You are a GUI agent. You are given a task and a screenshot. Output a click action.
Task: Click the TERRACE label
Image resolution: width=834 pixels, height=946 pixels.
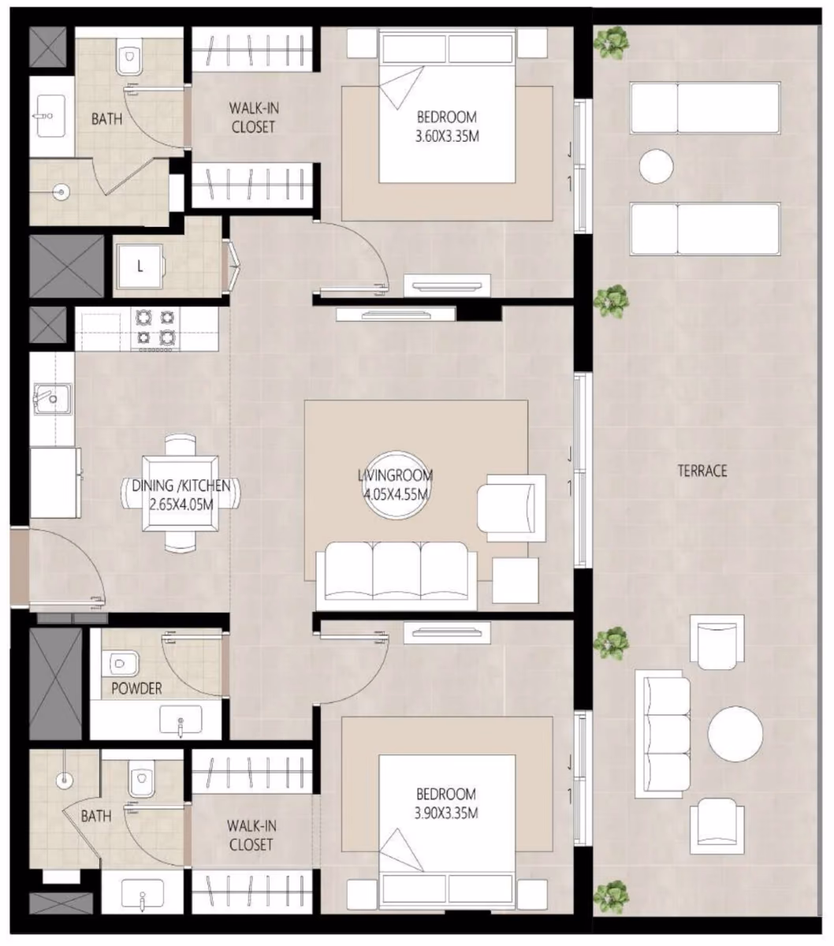(702, 470)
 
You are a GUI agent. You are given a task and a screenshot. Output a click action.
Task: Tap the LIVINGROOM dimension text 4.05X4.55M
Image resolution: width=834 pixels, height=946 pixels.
(396, 494)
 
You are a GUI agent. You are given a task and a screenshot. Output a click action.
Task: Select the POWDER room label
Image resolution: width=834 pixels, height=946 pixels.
(137, 688)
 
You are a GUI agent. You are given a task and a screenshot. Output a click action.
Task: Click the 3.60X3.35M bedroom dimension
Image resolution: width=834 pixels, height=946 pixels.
(447, 136)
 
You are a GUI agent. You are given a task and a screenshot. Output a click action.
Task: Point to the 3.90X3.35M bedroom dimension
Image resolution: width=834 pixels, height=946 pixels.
(446, 813)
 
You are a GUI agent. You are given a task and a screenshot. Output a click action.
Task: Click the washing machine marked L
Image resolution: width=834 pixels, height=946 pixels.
(140, 266)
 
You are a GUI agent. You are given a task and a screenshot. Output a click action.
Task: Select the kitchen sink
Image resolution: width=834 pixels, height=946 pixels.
(52, 399)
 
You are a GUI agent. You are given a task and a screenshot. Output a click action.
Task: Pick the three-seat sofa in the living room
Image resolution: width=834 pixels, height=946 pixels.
(397, 575)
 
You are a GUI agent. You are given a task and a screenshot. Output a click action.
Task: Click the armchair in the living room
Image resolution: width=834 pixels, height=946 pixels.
(512, 508)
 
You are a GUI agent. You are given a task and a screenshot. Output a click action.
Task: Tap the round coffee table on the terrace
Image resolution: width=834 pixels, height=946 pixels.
(735, 734)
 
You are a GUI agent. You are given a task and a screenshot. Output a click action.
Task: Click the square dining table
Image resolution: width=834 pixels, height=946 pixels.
(181, 493)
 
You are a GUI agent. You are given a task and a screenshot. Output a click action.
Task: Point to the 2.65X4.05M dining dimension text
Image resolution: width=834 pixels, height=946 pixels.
(181, 505)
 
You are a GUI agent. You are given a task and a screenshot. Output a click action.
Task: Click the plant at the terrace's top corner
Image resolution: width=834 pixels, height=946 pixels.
(611, 43)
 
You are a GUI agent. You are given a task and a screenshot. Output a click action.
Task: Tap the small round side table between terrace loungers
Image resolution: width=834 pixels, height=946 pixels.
(656, 166)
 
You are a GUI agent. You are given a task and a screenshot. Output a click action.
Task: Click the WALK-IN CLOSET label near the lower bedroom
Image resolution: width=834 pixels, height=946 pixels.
(251, 835)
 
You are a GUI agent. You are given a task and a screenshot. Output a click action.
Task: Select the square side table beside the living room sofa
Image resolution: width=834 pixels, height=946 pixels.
(516, 580)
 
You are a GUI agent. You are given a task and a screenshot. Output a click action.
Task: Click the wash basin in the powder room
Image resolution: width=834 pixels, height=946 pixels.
(181, 721)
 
